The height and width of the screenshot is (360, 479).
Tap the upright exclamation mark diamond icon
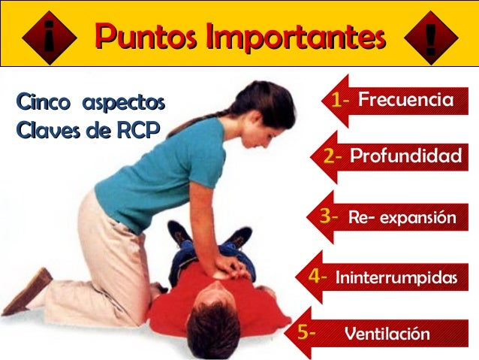click(430, 36)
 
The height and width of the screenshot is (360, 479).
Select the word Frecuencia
click(405, 99)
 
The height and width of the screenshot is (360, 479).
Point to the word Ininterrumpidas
click(396, 277)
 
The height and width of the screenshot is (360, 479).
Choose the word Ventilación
click(387, 334)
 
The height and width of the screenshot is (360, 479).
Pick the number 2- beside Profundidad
click(333, 157)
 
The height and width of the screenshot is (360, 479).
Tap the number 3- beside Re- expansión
click(329, 217)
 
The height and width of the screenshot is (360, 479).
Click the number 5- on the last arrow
click(306, 331)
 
